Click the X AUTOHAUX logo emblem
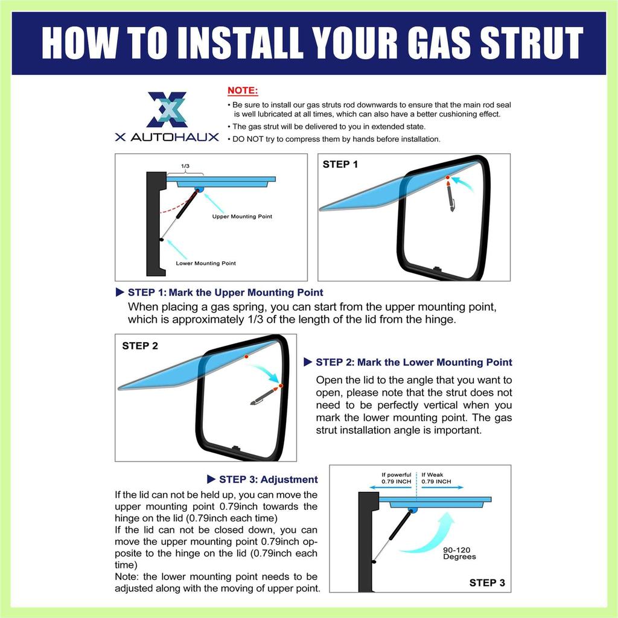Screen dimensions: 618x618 (167, 110)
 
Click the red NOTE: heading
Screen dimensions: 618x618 (243, 91)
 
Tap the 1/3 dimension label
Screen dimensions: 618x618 (185, 166)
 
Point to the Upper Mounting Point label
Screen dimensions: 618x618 (242, 217)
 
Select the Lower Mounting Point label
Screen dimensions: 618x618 (206, 263)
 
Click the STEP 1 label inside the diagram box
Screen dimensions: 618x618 (340, 164)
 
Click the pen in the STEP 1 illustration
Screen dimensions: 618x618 (450, 194)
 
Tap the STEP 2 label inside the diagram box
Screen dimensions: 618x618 (140, 346)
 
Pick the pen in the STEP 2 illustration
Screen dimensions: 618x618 (266, 395)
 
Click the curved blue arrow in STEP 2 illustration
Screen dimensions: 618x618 (265, 371)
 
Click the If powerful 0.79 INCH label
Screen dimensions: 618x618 (396, 478)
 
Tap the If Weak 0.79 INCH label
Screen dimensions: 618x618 (436, 478)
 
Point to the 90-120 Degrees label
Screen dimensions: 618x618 (459, 553)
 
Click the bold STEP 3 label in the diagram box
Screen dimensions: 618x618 (487, 582)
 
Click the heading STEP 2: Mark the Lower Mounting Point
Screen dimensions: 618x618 (414, 362)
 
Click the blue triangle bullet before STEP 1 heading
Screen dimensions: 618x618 (120, 292)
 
